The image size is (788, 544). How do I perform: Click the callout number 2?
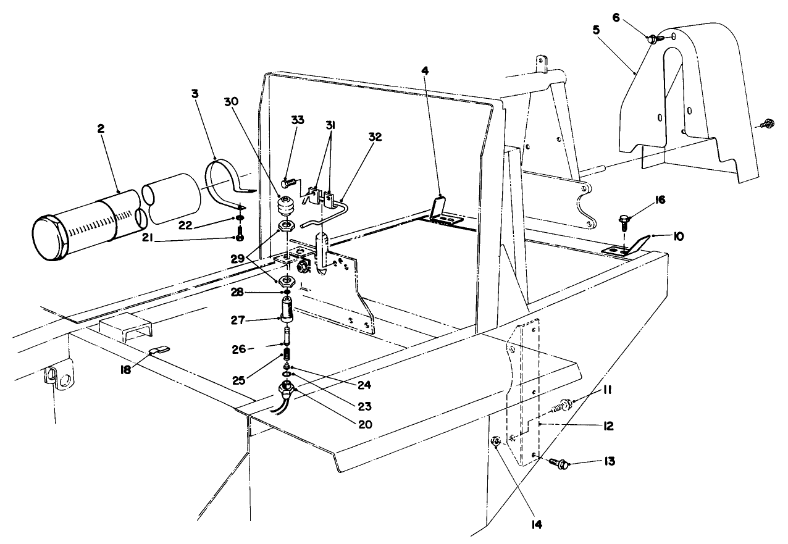pyautogui.click(x=101, y=128)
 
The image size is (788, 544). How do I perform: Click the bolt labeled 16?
pyautogui.click(x=624, y=220)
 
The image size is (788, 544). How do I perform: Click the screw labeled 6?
pyautogui.click(x=654, y=38)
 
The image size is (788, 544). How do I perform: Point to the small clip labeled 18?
pyautogui.click(x=157, y=351)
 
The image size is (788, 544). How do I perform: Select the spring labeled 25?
pyautogui.click(x=287, y=354)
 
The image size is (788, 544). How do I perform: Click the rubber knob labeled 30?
pyautogui.click(x=286, y=205)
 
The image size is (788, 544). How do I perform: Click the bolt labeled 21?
pyautogui.click(x=240, y=236)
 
